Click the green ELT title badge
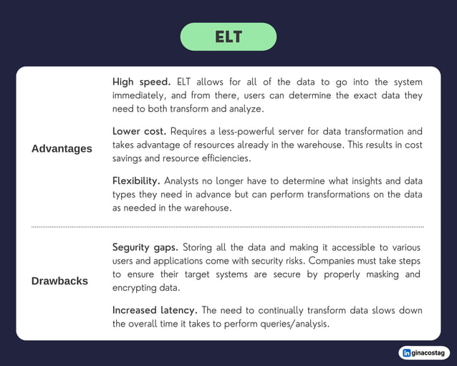click(228, 37)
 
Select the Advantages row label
click(62, 148)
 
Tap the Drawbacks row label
click(59, 281)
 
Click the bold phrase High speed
click(141, 82)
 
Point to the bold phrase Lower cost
click(139, 132)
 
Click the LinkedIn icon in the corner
click(408, 352)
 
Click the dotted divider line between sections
click(228, 226)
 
